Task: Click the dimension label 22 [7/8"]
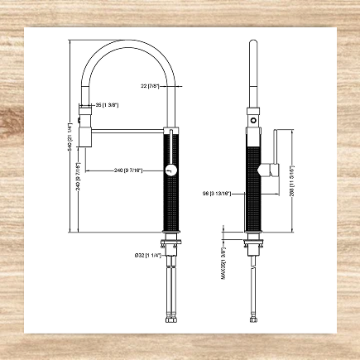pyautogui.click(x=151, y=85)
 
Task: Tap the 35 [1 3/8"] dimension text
pyautogui.click(x=109, y=106)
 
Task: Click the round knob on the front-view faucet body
pyautogui.click(x=171, y=170)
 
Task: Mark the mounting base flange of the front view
pyautogui.click(x=171, y=242)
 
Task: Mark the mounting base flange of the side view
pyautogui.click(x=255, y=242)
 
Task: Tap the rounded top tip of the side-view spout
pyautogui.click(x=255, y=41)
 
